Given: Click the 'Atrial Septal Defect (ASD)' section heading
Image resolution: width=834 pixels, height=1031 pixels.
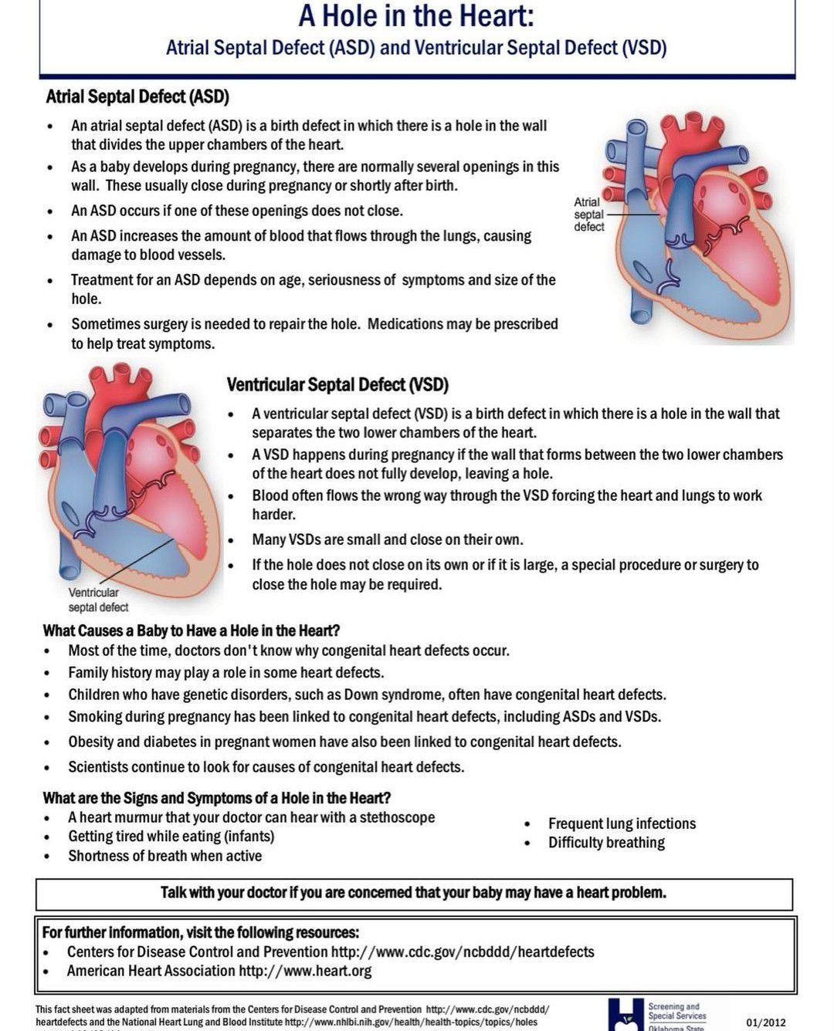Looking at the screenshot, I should pyautogui.click(x=137, y=97).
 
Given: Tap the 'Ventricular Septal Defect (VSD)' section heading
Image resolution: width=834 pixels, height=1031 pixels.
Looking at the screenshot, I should pyautogui.click(x=337, y=384).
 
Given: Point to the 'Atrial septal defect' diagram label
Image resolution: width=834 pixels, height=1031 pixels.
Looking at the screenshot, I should pyautogui.click(x=588, y=215).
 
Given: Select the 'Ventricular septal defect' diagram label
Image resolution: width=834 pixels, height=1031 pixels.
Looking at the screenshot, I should pyautogui.click(x=97, y=600).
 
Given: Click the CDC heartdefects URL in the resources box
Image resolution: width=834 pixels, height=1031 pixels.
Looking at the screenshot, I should pyautogui.click(x=463, y=952).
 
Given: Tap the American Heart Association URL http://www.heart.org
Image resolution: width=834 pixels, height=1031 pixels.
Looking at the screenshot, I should pyautogui.click(x=305, y=971).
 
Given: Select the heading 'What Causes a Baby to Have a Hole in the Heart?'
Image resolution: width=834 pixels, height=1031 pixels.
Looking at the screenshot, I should pyautogui.click(x=192, y=630).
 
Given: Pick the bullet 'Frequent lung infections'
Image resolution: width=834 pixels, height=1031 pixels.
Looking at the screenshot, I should pyautogui.click(x=622, y=823).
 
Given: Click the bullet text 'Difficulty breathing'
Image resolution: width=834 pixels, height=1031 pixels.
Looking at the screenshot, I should pyautogui.click(x=606, y=843).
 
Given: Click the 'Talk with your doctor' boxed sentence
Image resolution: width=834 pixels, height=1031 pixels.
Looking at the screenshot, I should pyautogui.click(x=413, y=893).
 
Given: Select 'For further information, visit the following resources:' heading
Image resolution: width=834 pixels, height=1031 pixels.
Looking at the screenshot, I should pyautogui.click(x=200, y=932).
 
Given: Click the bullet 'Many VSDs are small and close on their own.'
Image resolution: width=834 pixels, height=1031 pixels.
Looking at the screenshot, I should pyautogui.click(x=387, y=539).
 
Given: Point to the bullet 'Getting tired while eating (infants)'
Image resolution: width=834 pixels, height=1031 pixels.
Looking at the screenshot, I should pyautogui.click(x=171, y=837).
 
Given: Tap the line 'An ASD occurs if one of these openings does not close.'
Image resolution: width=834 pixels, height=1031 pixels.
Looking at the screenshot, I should pyautogui.click(x=237, y=211).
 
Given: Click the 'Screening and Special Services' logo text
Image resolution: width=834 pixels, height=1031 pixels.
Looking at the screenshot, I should pyautogui.click(x=676, y=1012).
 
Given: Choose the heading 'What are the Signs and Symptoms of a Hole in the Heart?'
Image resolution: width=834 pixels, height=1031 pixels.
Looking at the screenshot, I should pyautogui.click(x=216, y=798).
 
